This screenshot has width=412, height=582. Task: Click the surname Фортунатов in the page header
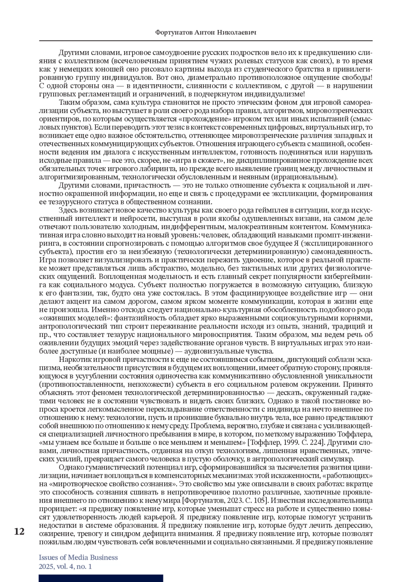pyautogui.click(x=174, y=33)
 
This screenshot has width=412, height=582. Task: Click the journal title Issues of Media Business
pyautogui.click(x=78, y=557)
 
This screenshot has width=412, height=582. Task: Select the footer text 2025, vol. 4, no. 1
pyautogui.click(x=65, y=567)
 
